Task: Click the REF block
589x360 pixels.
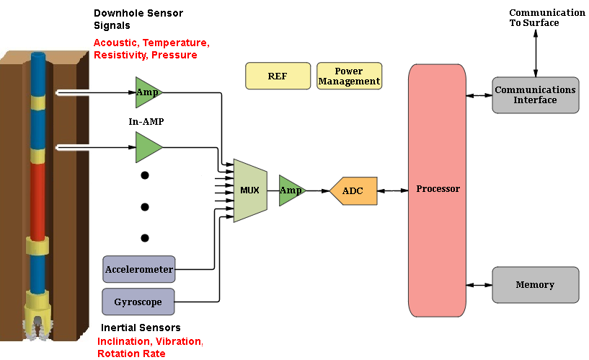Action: coord(278,76)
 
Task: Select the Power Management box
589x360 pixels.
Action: coord(349,76)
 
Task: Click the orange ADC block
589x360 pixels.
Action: coord(353,190)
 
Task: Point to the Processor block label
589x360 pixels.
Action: coord(438,189)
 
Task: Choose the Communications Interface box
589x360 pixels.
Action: coord(535,95)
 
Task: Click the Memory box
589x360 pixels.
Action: coord(535,284)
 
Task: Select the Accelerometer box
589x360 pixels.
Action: coord(139,270)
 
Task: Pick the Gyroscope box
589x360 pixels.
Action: coord(139,302)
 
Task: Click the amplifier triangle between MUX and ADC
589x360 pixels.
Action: coord(291,190)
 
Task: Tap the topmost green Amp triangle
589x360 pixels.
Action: coord(147,92)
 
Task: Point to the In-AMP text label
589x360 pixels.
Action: coord(146,122)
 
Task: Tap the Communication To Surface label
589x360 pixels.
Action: coord(546,17)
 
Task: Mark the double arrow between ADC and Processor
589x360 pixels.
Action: coord(393,190)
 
